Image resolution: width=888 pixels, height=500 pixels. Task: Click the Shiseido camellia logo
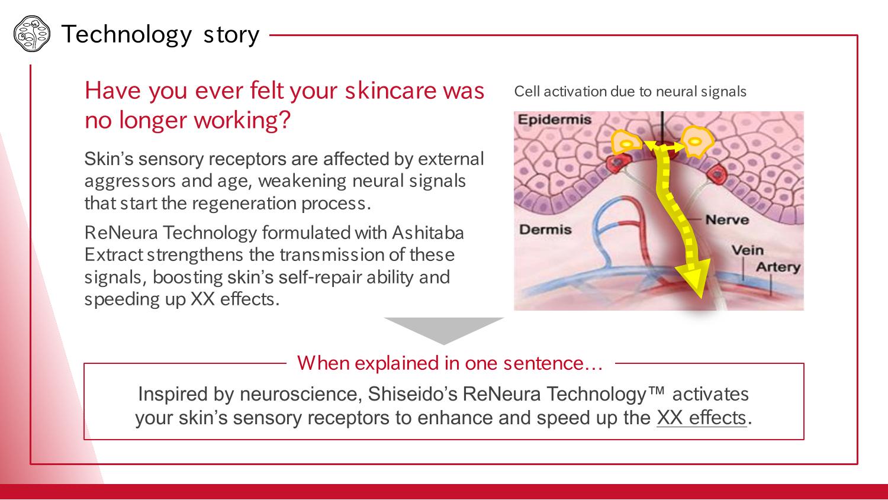click(x=32, y=34)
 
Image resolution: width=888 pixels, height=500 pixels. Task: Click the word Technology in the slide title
click(x=127, y=35)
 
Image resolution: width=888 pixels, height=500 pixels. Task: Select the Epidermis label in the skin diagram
click(x=554, y=120)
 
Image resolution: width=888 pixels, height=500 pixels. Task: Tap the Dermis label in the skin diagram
click(x=545, y=230)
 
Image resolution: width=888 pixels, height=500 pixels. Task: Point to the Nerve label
click(x=727, y=220)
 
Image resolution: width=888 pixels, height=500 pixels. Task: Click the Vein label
click(x=747, y=250)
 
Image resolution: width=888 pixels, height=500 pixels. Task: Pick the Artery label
click(x=778, y=267)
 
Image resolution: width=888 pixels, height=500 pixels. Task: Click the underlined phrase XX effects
click(x=702, y=418)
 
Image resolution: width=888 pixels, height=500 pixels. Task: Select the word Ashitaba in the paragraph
click(x=428, y=233)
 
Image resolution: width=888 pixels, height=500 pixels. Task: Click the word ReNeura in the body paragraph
click(x=121, y=233)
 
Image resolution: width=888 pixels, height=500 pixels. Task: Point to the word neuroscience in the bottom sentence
click(x=301, y=394)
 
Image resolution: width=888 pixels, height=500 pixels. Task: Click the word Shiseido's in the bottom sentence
click(x=412, y=394)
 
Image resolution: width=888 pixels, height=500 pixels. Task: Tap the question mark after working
click(x=285, y=120)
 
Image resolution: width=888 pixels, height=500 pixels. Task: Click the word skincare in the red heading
click(x=391, y=91)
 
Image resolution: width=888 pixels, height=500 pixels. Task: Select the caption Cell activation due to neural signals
click(x=630, y=92)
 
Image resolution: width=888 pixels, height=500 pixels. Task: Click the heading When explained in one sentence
click(x=450, y=363)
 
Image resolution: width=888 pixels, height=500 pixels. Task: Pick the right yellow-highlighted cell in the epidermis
click(x=697, y=141)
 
